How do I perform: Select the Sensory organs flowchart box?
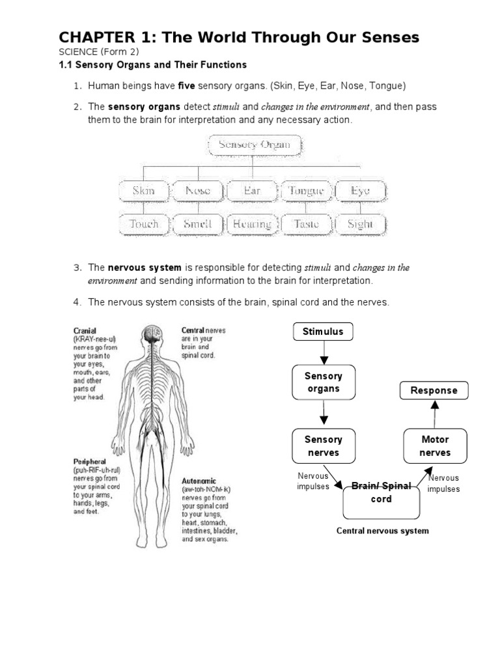tap(323, 382)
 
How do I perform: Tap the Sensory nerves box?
tap(323, 446)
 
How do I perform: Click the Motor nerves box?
tap(435, 446)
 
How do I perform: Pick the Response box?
tap(434, 391)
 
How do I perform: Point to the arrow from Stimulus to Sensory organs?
tap(323, 355)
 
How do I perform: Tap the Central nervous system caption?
tap(382, 531)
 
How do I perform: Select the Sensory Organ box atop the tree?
tap(255, 145)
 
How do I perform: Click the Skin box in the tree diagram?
tap(143, 191)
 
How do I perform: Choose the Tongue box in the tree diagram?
tap(306, 191)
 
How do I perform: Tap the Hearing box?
tap(252, 224)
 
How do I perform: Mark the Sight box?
tap(360, 224)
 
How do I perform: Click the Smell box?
tap(198, 224)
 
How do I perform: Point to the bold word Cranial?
tap(85, 331)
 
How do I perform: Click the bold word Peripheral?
tap(89, 461)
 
